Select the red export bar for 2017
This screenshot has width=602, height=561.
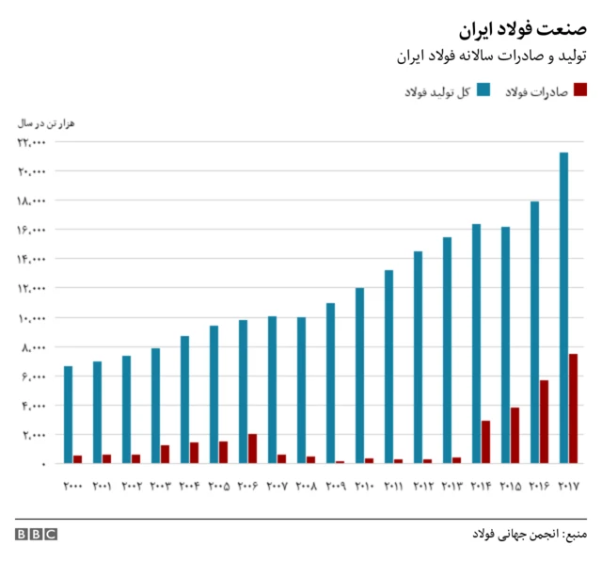coord(574,409)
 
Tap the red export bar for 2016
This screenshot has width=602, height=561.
coord(545,422)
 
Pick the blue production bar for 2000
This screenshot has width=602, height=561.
coord(68,414)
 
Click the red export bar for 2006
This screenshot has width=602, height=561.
coord(253,448)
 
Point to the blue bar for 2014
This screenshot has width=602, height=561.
coord(476,344)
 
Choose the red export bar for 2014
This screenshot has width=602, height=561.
coord(486,441)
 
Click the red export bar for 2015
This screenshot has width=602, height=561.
coord(515,435)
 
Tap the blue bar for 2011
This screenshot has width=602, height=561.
coord(388,366)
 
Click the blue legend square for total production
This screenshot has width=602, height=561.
coord(483,90)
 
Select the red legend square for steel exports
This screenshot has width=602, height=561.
coord(580,90)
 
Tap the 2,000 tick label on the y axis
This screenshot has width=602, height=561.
coord(34,435)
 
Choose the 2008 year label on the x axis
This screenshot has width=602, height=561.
coord(307,487)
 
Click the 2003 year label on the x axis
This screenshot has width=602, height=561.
coord(161,487)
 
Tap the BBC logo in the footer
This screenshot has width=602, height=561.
coord(36,535)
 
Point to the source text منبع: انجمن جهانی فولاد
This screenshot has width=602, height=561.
coord(530,535)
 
